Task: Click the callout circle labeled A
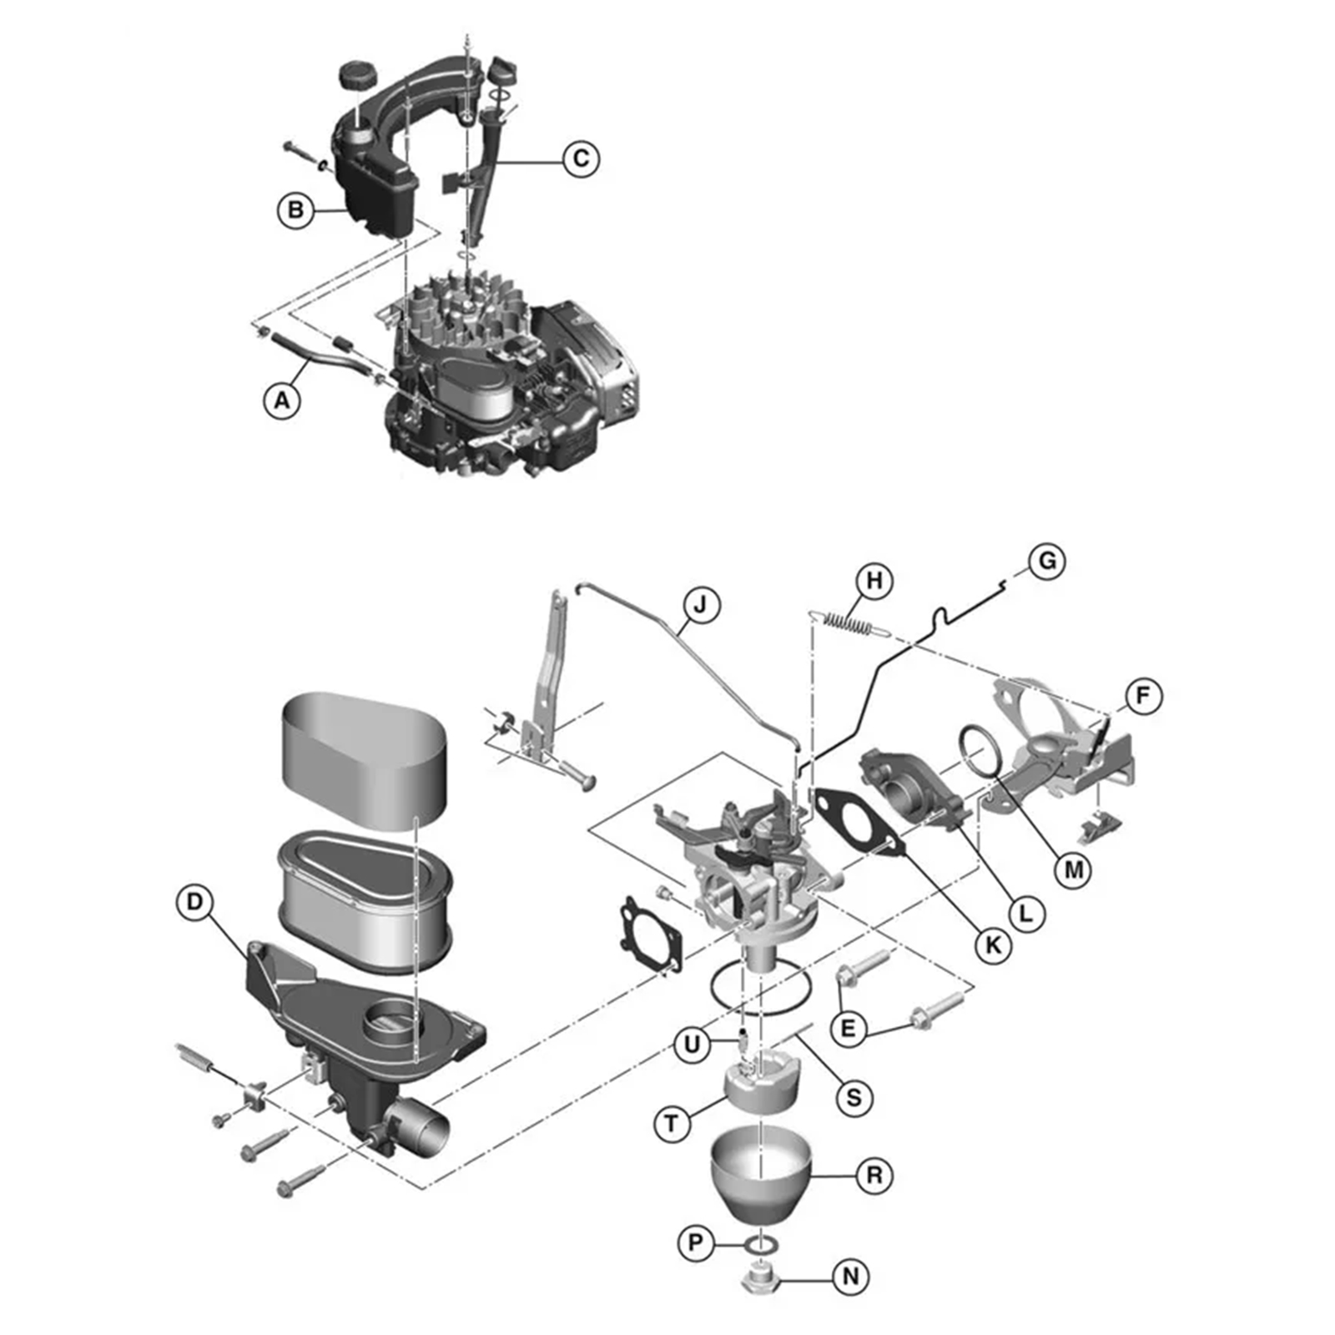pyautogui.click(x=282, y=400)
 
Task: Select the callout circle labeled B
pyautogui.click(x=295, y=209)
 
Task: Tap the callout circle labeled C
pyautogui.click(x=581, y=159)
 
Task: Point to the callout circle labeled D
pyautogui.click(x=195, y=902)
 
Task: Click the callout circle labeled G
pyautogui.click(x=1047, y=561)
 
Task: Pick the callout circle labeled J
pyautogui.click(x=700, y=605)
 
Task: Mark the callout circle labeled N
pyautogui.click(x=851, y=1277)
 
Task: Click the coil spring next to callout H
pyautogui.click(x=849, y=622)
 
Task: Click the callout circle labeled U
pyautogui.click(x=693, y=1045)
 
